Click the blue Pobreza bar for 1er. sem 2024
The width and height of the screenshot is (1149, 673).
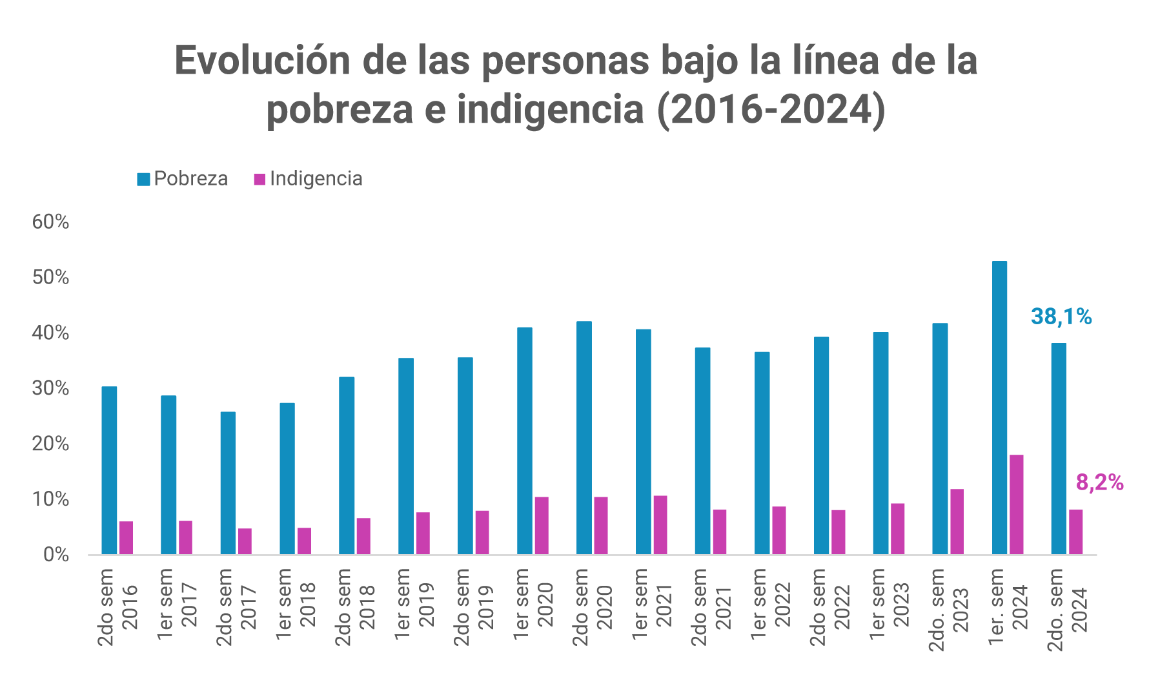tap(999, 407)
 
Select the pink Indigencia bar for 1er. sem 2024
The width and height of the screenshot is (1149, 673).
tap(1017, 504)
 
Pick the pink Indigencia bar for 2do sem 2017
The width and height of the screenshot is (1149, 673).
tap(245, 541)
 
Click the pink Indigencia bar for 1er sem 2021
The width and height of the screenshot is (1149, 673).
tap(660, 524)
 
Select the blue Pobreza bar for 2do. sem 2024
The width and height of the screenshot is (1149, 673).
tap(1058, 448)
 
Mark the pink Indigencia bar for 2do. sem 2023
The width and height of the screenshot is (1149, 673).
tap(957, 521)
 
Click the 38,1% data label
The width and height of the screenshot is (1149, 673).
tap(1061, 316)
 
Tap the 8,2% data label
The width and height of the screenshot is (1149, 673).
tap(1099, 482)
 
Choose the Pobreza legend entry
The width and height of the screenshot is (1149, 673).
tap(183, 179)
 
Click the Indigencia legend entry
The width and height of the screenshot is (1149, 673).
tap(308, 179)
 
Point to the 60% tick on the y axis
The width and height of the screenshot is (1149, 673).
tap(50, 222)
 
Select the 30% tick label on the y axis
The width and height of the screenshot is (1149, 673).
tap(50, 388)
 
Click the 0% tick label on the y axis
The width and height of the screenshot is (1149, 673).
tap(56, 555)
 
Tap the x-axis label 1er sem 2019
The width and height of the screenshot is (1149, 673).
tap(413, 605)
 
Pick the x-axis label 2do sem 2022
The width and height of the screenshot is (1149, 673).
tap(829, 606)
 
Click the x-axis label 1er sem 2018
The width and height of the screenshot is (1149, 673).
tap(294, 605)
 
